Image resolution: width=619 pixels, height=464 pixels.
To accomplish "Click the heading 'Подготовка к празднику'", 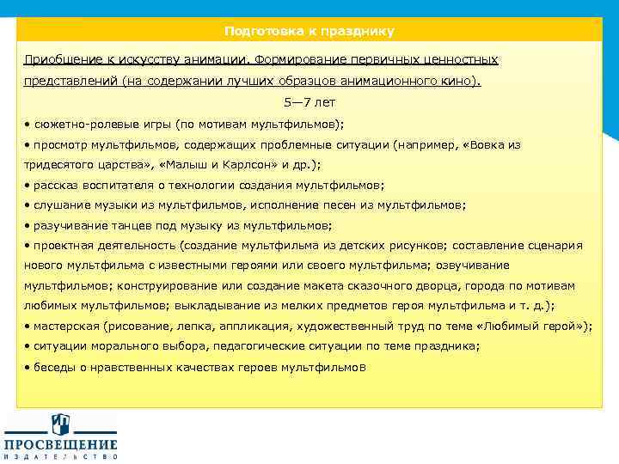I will [309, 31].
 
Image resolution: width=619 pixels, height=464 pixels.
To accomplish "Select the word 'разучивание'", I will [67, 225].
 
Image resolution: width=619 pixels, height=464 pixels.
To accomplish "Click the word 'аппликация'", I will [269, 326].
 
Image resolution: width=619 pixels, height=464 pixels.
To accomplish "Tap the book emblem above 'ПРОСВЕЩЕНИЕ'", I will [61, 424].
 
